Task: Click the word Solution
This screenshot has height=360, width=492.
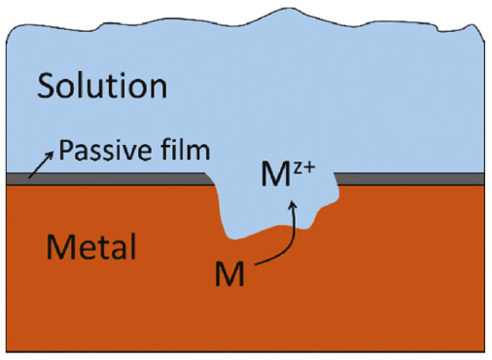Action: tap(102, 87)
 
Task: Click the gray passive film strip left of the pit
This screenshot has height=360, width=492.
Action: tap(107, 179)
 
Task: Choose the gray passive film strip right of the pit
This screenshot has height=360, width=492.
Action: tap(408, 179)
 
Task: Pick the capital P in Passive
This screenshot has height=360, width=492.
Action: tap(65, 151)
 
